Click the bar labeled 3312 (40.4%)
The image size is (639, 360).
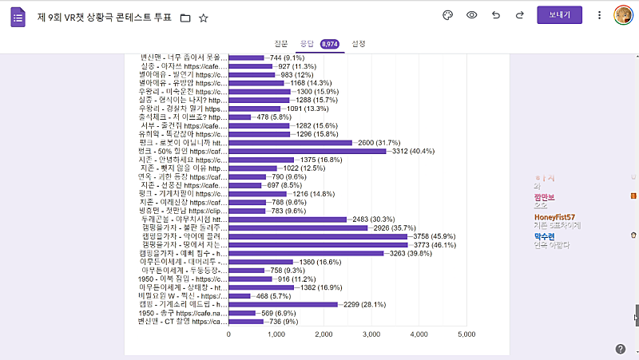[308, 151]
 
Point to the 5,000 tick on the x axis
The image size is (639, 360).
[466, 334]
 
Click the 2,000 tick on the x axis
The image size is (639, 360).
[323, 334]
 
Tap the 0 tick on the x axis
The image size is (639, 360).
[229, 334]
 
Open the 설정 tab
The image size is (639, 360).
[359, 44]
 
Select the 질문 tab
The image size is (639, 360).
[280, 44]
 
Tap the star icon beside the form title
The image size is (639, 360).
[204, 17]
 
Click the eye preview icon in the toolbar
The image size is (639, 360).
[472, 15]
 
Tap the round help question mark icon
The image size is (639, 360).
[621, 349]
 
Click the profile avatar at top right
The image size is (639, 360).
[623, 15]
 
